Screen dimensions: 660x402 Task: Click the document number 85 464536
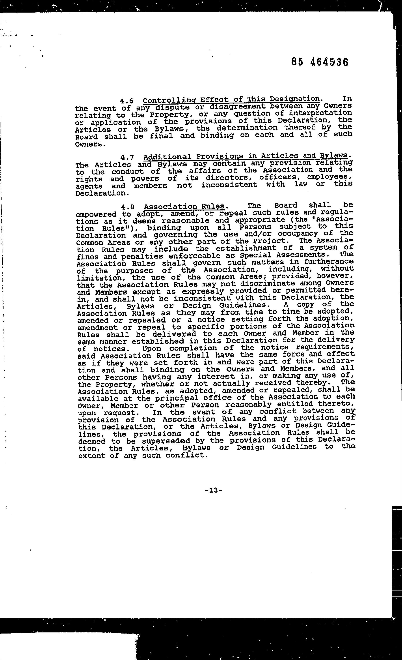pos(320,62)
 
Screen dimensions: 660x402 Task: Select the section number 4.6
pos(126,101)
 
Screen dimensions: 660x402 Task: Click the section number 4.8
pos(127,207)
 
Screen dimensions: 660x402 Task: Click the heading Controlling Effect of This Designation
pos(231,100)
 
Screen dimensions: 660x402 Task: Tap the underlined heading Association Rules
pos(184,206)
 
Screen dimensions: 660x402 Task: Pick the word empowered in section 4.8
pos(96,214)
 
